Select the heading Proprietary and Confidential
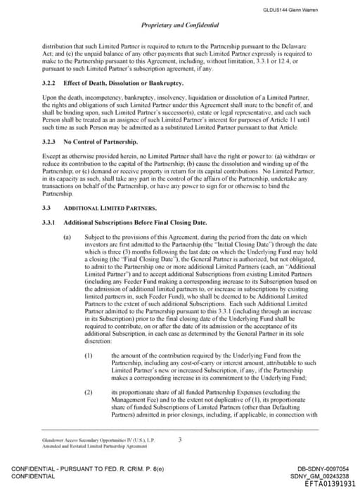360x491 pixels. coord(180,25)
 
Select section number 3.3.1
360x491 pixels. coord(49,223)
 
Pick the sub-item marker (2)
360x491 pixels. coord(89,390)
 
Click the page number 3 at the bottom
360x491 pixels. coord(180,440)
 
